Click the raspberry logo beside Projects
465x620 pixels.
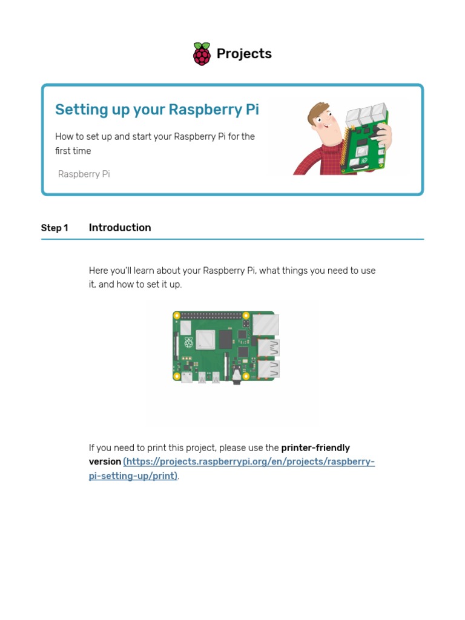[202, 54]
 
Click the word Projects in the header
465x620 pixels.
[244, 54]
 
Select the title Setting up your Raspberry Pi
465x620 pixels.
[157, 110]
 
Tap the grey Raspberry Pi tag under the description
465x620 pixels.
[84, 174]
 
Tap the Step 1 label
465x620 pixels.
[54, 228]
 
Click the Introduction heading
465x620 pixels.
[120, 228]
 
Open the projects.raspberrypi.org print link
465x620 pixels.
[248, 462]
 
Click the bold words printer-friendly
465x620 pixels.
[315, 448]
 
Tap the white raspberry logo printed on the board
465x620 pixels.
[188, 343]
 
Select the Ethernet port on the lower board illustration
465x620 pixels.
[266, 325]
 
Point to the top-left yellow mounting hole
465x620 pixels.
[177, 315]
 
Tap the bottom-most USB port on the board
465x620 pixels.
[268, 369]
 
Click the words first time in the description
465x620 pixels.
[72, 151]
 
